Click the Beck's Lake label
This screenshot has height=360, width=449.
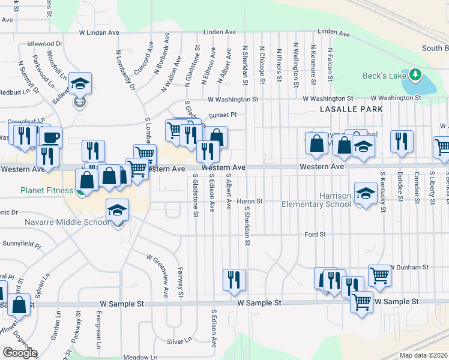[384, 76]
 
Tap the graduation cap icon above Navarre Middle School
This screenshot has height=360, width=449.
[117, 210]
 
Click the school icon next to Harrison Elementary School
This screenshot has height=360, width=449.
[364, 193]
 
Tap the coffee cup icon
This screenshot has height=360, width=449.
[50, 137]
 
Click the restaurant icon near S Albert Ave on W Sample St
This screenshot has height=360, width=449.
[234, 279]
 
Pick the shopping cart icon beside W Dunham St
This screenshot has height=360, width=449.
[379, 276]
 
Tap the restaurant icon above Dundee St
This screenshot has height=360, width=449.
[402, 141]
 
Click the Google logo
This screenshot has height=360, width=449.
[20, 353]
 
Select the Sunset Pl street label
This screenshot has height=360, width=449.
[223, 114]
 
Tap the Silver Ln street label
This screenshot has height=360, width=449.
[179, 341]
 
